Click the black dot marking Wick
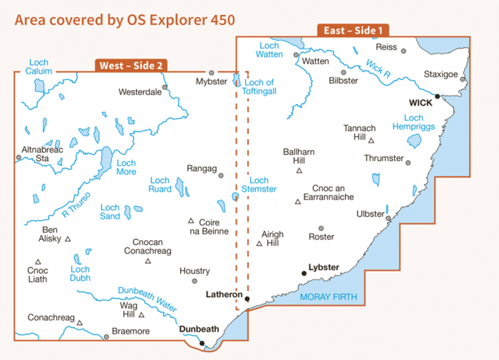(x=438, y=97)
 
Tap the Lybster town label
(x=324, y=268)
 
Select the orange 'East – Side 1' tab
(x=353, y=29)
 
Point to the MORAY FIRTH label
(x=329, y=297)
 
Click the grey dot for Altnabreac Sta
(x=19, y=157)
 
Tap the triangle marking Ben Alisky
(x=67, y=238)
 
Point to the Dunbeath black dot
(x=201, y=343)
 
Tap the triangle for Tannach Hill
(x=371, y=141)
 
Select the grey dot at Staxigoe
(x=463, y=79)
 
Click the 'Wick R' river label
(x=378, y=68)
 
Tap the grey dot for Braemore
(x=107, y=337)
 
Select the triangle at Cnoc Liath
(x=38, y=262)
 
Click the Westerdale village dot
(x=165, y=87)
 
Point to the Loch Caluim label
(x=38, y=67)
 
